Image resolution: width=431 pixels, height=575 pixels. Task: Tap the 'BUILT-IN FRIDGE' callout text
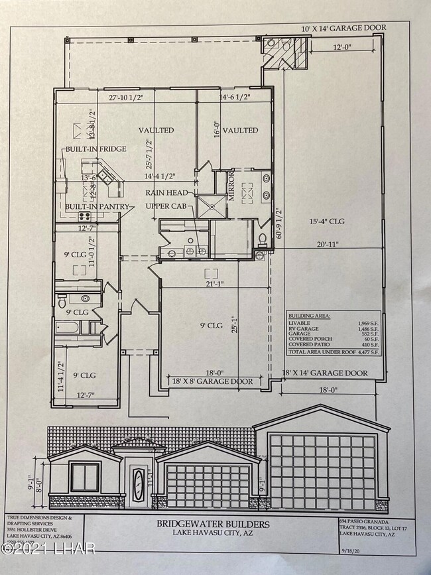(x=95, y=149)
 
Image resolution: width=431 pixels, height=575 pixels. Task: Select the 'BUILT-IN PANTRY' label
(x=95, y=207)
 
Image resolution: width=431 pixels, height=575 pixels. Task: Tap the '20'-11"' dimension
(x=328, y=245)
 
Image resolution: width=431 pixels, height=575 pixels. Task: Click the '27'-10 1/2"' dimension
(x=131, y=97)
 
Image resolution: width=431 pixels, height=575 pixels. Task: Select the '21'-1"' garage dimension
(x=214, y=285)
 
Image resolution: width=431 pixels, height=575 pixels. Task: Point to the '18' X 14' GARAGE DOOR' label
(x=325, y=373)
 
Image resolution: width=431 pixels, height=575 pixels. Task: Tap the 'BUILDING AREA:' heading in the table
(x=310, y=316)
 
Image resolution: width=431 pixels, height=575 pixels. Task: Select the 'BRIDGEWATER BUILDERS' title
(x=213, y=524)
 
